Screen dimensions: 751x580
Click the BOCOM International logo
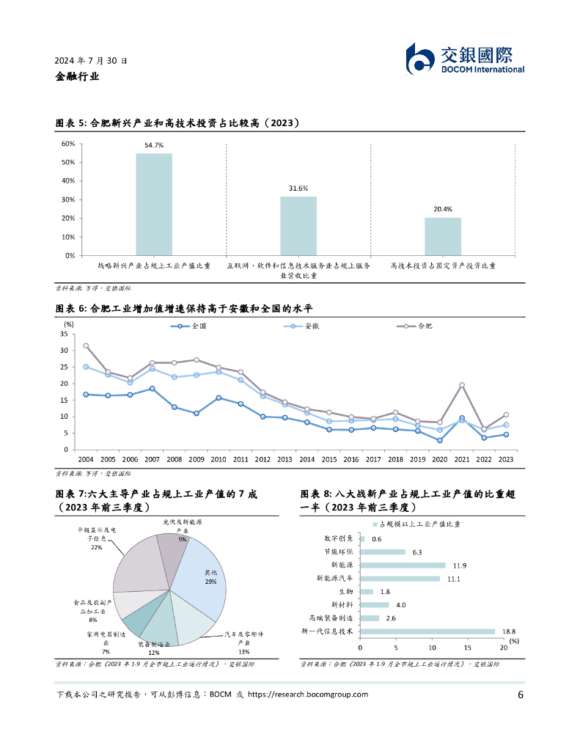[x=465, y=58]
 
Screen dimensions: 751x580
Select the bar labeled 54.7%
[x=154, y=204]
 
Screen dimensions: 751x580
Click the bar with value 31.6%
[x=298, y=226]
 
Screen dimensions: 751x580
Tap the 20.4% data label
[x=443, y=209]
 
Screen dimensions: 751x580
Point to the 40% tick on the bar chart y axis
[x=67, y=180]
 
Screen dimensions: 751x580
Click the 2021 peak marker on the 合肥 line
[x=462, y=385]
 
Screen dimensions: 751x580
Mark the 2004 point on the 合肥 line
[x=86, y=345]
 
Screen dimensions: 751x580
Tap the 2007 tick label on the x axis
[x=153, y=459]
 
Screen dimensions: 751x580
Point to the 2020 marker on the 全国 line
[x=439, y=440]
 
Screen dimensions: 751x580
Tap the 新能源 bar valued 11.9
[x=403, y=565]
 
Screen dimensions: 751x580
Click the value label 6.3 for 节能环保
[x=416, y=552]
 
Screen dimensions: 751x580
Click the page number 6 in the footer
[x=520, y=695]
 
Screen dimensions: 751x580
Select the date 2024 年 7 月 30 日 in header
[x=91, y=61]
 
